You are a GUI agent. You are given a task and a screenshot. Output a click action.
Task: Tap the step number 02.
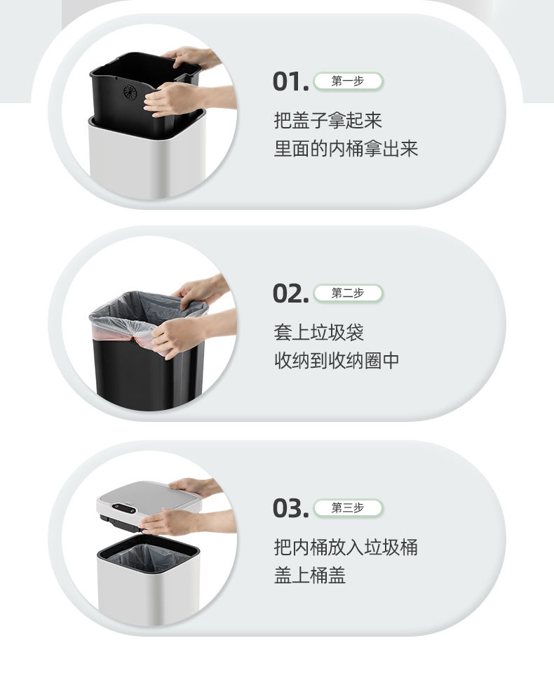pyautogui.click(x=290, y=293)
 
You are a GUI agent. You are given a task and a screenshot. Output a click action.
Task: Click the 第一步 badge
pyautogui.click(x=348, y=81)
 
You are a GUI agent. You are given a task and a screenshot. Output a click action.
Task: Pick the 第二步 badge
pyautogui.click(x=348, y=293)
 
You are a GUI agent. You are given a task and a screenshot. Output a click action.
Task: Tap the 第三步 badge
pyautogui.click(x=348, y=508)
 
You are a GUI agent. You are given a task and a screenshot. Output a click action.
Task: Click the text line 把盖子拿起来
pyautogui.click(x=327, y=120)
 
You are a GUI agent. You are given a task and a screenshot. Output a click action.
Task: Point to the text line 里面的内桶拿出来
pyautogui.click(x=346, y=149)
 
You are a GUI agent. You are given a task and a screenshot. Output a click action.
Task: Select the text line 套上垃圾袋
pyautogui.click(x=319, y=333)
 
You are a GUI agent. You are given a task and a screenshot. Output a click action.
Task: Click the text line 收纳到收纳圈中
pyautogui.click(x=337, y=361)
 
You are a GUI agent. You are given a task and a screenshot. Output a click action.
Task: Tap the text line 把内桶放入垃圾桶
pyautogui.click(x=346, y=547)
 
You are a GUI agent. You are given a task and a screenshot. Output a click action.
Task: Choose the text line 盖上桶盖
pyautogui.click(x=310, y=576)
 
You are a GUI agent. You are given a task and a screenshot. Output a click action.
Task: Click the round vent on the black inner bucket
pyautogui.click(x=130, y=92)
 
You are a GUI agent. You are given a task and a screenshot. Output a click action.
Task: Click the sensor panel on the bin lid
pyautogui.click(x=124, y=509)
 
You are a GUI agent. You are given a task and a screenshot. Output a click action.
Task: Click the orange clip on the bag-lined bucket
pyautogui.click(x=137, y=339)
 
